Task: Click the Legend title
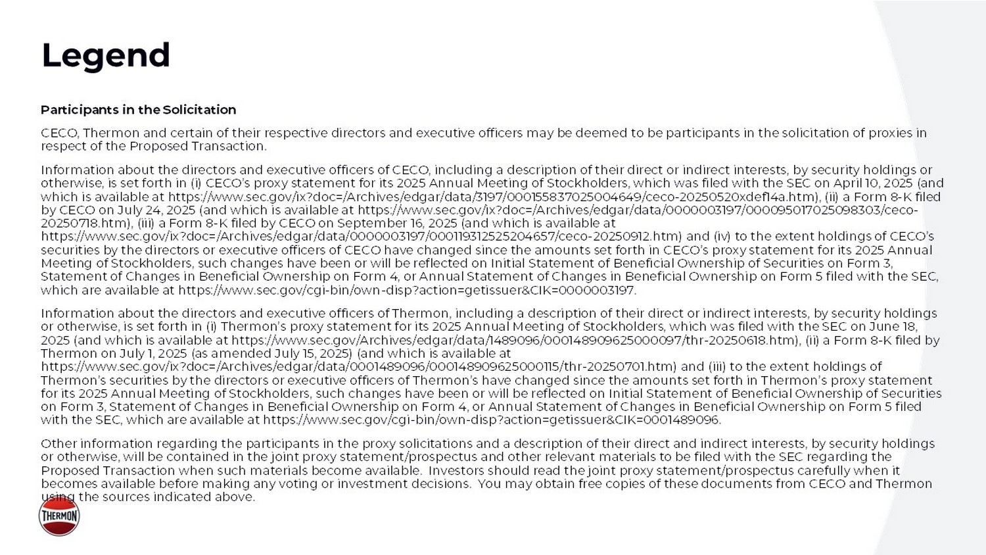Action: click(x=106, y=55)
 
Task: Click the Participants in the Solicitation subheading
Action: click(x=138, y=110)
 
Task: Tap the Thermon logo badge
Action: click(x=59, y=516)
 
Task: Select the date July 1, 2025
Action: click(x=144, y=353)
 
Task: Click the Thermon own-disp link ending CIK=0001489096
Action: click(x=491, y=420)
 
